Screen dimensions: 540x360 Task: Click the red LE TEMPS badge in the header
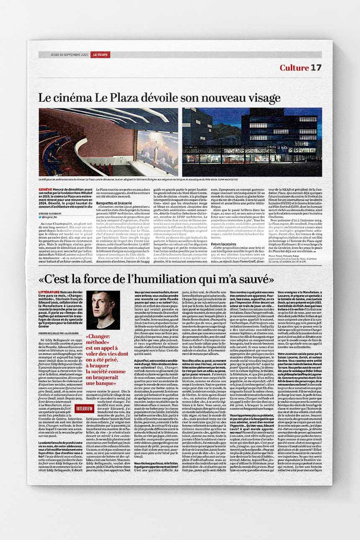101,55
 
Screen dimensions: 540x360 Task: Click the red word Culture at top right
294,68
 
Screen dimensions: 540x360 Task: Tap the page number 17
316,68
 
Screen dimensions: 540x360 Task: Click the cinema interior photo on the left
108,142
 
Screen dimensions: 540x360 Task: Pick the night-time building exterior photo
252,142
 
